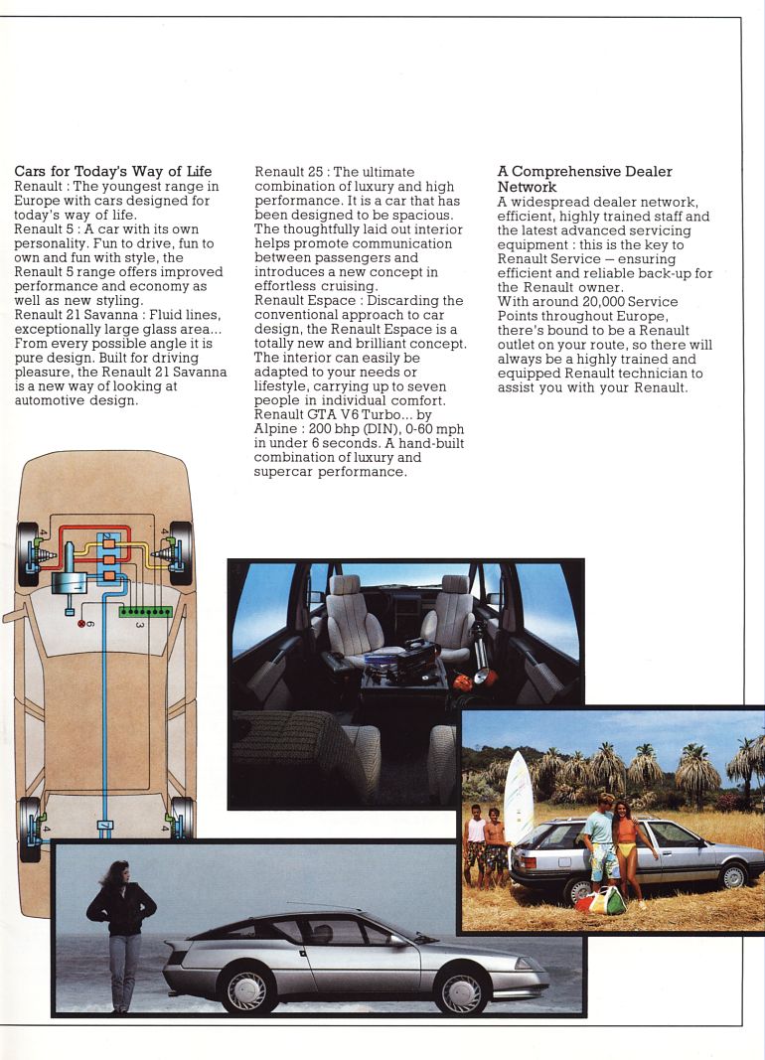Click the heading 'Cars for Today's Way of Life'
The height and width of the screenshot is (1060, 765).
click(x=113, y=172)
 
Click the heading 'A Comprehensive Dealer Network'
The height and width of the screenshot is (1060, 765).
click(x=584, y=179)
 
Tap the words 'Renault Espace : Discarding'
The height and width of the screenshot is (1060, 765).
click(x=359, y=301)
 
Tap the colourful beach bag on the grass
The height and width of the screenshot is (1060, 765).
click(x=601, y=900)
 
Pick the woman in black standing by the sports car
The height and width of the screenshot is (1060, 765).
click(x=121, y=933)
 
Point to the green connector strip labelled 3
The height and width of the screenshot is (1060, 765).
click(x=145, y=611)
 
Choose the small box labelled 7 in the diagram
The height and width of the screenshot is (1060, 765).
click(x=105, y=826)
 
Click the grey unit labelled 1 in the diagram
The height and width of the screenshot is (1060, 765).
click(x=72, y=583)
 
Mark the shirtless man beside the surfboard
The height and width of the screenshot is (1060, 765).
click(x=495, y=846)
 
